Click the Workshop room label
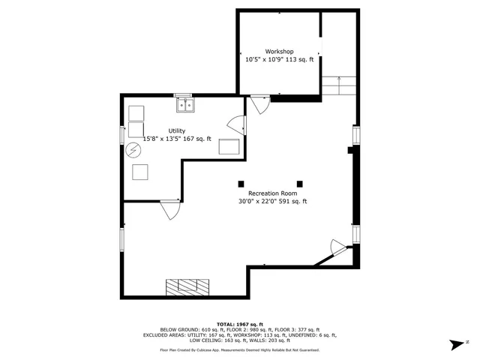pos(279,52)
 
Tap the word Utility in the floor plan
pos(177,130)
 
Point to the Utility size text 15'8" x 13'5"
pos(162,139)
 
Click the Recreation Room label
pos(268,193)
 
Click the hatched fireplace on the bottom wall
pos(188,286)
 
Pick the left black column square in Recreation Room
pos(241,184)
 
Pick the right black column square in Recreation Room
pos(300,184)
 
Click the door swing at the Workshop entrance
pos(260,104)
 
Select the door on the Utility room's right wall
pos(236,125)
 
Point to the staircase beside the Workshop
pos(339,85)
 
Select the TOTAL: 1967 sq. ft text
pos(239,323)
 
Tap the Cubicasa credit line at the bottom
pos(239,350)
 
